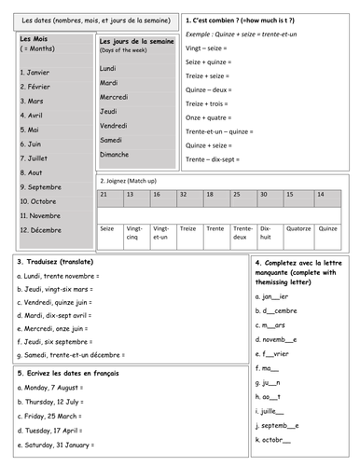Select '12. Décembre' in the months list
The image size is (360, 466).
(40, 229)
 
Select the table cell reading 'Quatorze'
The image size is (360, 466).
(299, 226)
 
